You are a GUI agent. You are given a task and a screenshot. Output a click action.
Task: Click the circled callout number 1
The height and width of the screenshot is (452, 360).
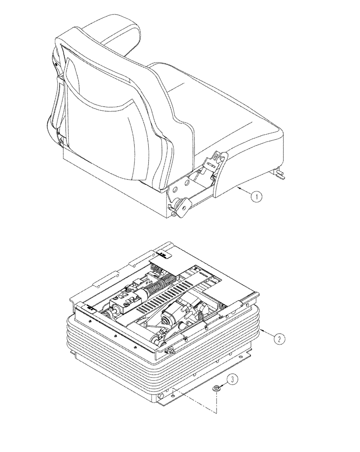click(x=256, y=196)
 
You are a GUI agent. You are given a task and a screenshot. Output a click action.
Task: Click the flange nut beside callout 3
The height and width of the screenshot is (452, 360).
click(x=217, y=387)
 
